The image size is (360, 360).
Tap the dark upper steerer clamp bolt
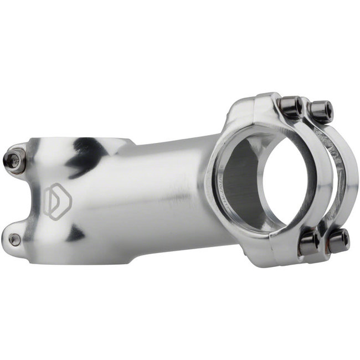(13, 157)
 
